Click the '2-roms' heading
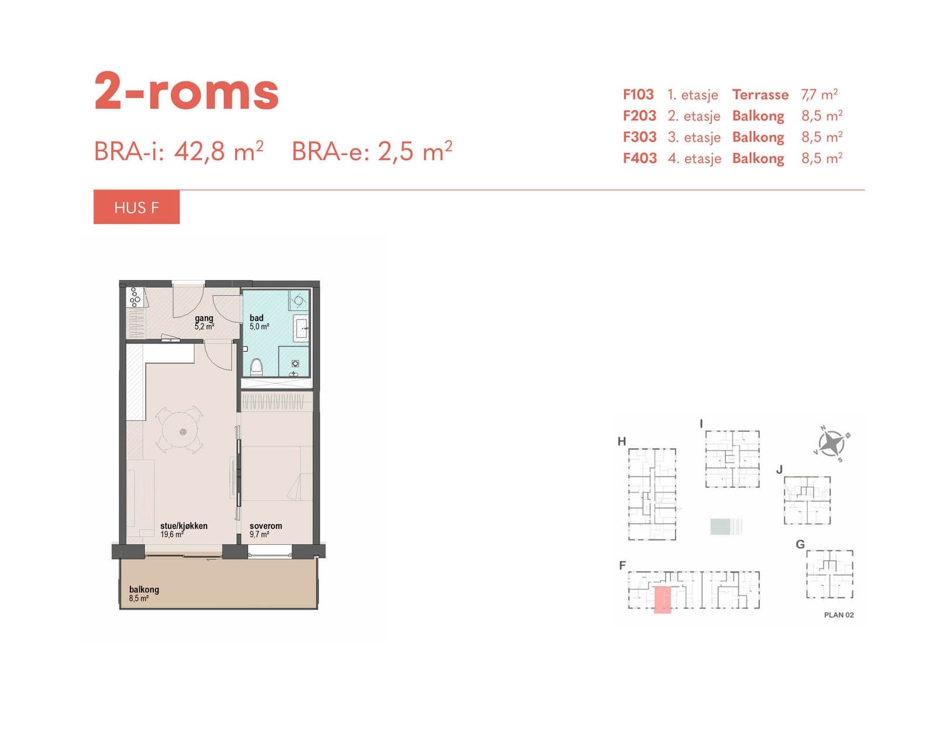(186, 91)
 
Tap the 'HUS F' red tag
(136, 207)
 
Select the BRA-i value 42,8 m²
(219, 151)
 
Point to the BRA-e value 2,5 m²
(415, 151)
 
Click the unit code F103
(638, 94)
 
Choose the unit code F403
(640, 158)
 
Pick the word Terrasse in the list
(760, 94)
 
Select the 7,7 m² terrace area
(820, 94)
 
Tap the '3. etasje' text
(694, 137)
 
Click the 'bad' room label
(257, 318)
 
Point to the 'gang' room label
(204, 318)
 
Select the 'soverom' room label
(266, 525)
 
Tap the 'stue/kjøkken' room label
(184, 525)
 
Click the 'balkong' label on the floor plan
(144, 590)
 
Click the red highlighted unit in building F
(662, 600)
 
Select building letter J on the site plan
(779, 470)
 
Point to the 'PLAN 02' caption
(839, 615)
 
